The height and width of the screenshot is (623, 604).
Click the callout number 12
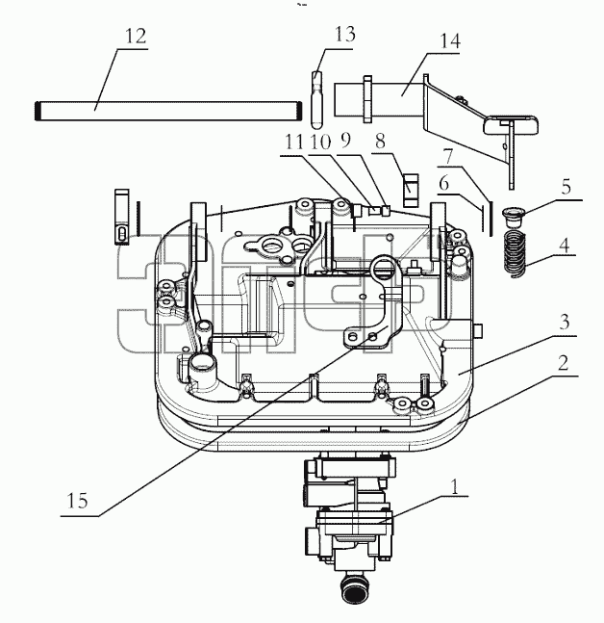136,37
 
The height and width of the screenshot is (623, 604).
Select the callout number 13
344,34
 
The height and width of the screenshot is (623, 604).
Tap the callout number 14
450,41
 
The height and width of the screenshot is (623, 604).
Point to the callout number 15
77,501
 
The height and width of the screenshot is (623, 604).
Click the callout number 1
454,486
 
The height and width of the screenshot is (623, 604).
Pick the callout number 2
564,363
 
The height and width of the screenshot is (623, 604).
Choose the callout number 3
565,323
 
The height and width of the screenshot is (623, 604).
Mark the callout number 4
564,246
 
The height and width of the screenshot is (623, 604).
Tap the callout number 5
566,187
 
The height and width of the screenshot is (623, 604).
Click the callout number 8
380,142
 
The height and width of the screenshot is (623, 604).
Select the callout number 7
448,157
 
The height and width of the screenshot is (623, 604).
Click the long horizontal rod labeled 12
168,111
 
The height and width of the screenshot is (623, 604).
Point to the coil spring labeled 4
515,253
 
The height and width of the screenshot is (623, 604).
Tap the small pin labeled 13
316,100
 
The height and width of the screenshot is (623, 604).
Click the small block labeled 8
411,191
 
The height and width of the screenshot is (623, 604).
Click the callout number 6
443,184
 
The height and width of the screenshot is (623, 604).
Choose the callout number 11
294,142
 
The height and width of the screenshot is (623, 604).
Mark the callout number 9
345,141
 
